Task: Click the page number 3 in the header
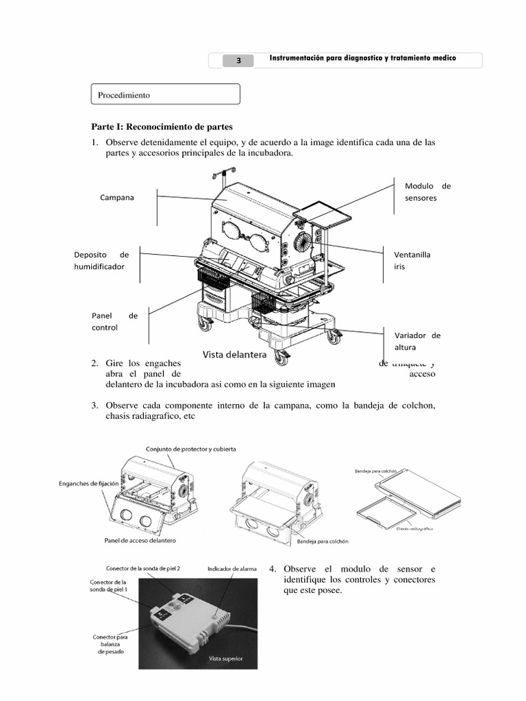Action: pos(238,60)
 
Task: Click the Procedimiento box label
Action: pos(124,95)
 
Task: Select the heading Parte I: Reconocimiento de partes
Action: pos(162,127)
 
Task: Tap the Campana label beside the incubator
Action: pos(116,197)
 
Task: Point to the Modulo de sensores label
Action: pos(427,192)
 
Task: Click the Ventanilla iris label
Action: pos(412,260)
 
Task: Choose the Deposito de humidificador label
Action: pos(101,260)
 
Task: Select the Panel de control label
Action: pos(114,321)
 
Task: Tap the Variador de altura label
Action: pos(417,342)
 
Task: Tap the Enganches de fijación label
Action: pos(88,483)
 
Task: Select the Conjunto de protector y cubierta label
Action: pos(190,449)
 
